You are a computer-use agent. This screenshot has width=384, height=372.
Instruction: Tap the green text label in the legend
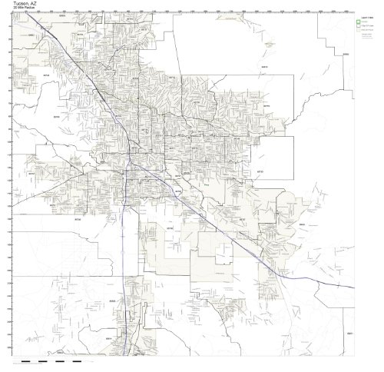click(x=364, y=22)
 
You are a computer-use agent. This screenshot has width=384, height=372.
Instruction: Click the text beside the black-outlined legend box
click(x=366, y=27)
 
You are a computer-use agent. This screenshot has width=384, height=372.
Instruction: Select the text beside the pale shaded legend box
click(x=367, y=32)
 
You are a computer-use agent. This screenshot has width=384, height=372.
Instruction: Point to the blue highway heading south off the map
click(x=126, y=307)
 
